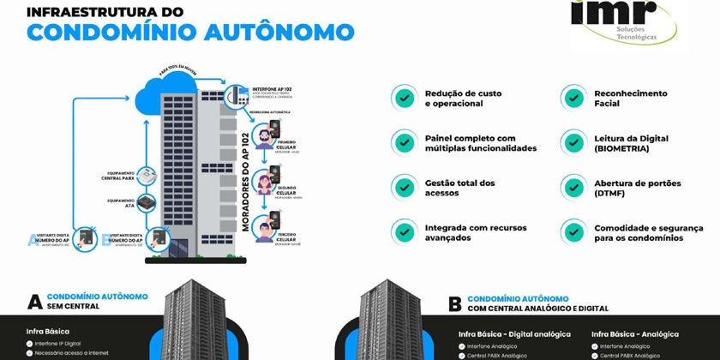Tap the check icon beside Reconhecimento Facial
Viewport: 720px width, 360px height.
pos(572,97)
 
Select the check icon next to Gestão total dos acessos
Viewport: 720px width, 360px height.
pos(403,187)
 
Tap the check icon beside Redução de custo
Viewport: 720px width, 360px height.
pos(403,97)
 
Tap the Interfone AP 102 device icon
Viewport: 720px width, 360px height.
pos(232,97)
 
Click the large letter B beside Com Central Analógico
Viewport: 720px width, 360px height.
pos(454,303)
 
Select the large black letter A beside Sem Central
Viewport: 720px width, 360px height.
pos(35,301)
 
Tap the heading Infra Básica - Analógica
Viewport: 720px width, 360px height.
pos(635,333)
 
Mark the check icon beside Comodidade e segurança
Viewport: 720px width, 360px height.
pos(572,231)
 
